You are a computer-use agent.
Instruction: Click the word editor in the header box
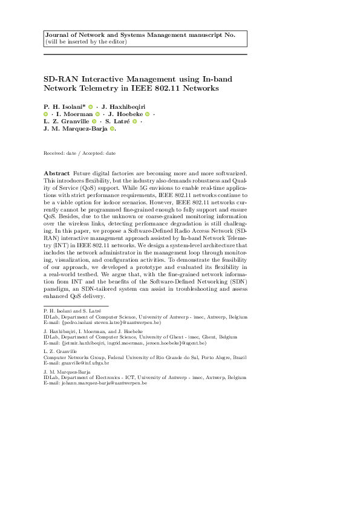point(115,42)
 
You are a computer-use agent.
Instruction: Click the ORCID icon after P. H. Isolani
point(90,106)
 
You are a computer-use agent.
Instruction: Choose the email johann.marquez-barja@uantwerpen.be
point(102,383)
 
